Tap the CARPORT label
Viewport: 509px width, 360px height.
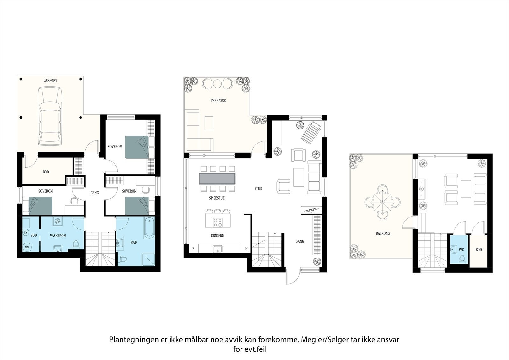(50, 81)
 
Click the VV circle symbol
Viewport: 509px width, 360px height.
(27, 247)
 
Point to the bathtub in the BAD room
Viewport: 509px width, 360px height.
(149, 228)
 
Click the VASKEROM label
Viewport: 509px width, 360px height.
(58, 236)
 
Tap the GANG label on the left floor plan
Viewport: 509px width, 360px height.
(94, 193)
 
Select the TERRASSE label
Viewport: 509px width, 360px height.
(218, 101)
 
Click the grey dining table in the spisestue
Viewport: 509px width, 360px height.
(217, 179)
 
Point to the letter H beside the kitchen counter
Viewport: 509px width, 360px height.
(246, 249)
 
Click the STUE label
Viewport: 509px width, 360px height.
(258, 189)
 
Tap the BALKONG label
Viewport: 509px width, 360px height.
(382, 233)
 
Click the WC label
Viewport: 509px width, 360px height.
(461, 250)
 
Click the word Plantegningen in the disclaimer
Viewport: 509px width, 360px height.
(133, 340)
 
